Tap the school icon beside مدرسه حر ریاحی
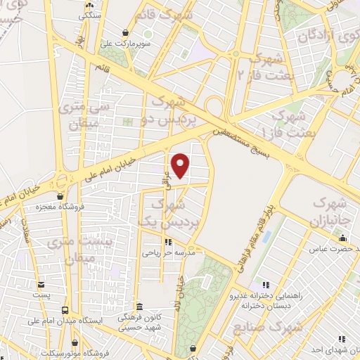[x=146, y=242]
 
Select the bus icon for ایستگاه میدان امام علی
[x=65, y=309]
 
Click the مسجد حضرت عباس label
[x=337, y=249]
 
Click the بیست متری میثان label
[x=70, y=250]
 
